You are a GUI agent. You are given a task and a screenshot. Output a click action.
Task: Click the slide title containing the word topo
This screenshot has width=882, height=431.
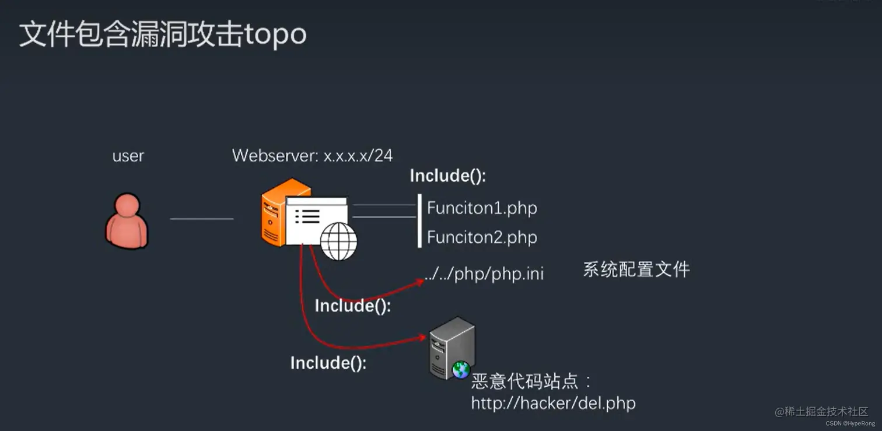(163, 34)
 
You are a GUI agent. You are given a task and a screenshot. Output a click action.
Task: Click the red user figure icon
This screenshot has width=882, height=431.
(127, 222)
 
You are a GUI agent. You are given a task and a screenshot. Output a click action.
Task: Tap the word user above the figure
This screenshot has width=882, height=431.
(128, 156)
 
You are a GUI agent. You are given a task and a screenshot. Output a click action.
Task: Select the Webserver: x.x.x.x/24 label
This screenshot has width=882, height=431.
(312, 155)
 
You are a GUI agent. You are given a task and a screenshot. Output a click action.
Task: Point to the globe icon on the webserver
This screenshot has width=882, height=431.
(339, 241)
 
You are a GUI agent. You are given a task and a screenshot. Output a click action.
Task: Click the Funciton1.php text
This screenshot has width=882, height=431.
(482, 208)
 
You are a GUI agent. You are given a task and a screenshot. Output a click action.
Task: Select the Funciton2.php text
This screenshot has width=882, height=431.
(482, 237)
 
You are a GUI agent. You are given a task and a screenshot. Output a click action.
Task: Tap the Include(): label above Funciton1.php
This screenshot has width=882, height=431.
(447, 176)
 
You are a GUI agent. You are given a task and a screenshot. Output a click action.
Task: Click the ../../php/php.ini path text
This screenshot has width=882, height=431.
(484, 274)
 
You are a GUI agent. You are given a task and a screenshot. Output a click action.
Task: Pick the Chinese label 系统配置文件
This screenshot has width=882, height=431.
(636, 269)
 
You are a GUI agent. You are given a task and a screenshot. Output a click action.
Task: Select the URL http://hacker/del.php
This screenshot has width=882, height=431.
(553, 402)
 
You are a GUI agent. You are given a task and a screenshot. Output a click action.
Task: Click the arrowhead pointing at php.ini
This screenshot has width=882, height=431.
(420, 282)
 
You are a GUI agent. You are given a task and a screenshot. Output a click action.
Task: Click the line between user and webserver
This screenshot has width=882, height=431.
(201, 219)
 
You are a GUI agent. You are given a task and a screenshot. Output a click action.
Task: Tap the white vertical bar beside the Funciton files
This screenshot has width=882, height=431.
(419, 221)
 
